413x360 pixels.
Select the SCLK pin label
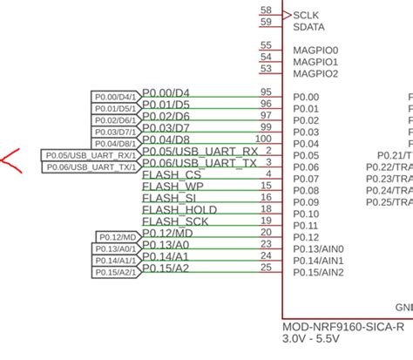[307, 15]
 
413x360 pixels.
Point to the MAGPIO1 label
[315, 62]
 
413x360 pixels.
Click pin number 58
[266, 10]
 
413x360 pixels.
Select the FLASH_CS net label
[171, 174]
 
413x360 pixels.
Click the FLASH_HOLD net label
[179, 209]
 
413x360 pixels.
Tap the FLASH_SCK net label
[175, 221]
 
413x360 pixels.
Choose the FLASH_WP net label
[173, 186]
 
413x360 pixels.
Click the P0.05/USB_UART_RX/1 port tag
[90, 155]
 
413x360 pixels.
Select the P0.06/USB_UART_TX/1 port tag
[90, 166]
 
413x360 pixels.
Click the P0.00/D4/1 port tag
[114, 97]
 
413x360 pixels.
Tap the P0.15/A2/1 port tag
[114, 272]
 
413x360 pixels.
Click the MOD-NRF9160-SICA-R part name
[343, 328]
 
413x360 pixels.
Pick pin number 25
[266, 267]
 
